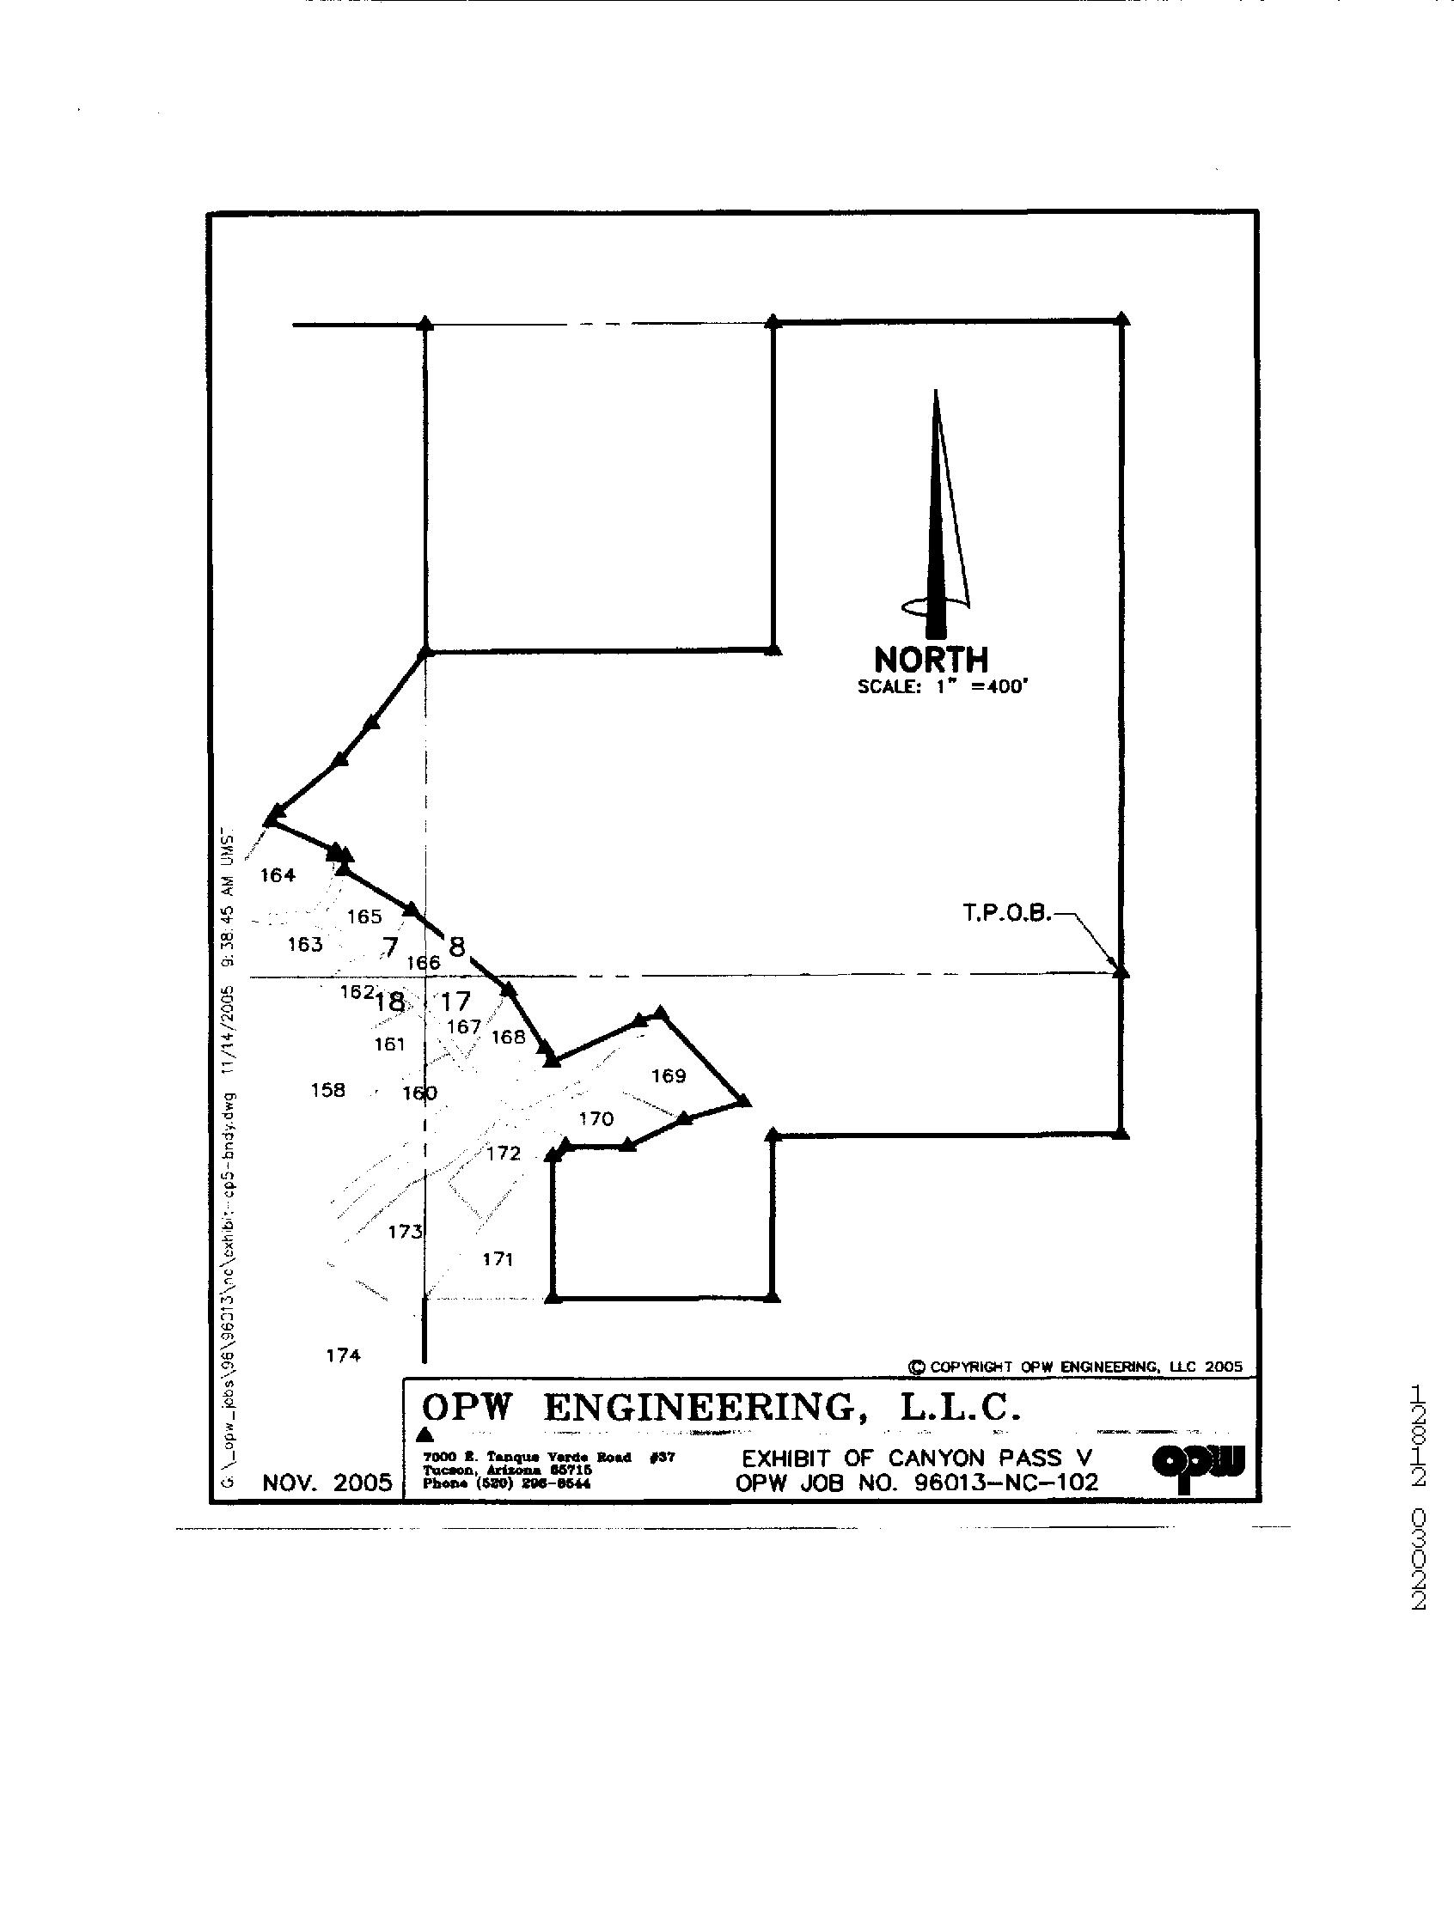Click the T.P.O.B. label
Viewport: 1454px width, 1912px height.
tap(1006, 913)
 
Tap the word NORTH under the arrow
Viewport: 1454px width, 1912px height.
tap(932, 661)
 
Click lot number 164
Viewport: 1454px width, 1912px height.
tap(278, 875)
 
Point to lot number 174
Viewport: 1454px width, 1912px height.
tap(343, 1355)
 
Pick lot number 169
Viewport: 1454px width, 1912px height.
tap(669, 1076)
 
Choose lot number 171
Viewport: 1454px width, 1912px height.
tap(498, 1260)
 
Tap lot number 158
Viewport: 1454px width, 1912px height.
tap(328, 1090)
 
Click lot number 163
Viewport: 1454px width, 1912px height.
tap(305, 945)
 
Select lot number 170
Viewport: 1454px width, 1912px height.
tap(596, 1119)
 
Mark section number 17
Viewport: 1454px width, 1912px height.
tap(455, 1002)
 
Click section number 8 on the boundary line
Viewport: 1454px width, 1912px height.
tap(456, 947)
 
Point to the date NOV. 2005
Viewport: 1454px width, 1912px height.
tap(327, 1483)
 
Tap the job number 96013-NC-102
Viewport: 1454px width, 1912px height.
tap(1006, 1482)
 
